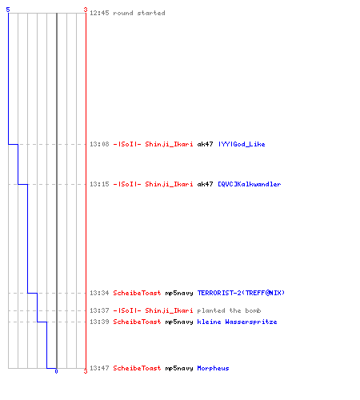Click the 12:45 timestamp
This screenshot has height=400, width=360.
tap(99, 13)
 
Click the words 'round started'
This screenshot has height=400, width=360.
tap(139, 13)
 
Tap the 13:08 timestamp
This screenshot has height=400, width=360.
tap(99, 144)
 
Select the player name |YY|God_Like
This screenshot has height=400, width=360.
tap(242, 144)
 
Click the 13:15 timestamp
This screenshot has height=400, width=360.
tap(99, 184)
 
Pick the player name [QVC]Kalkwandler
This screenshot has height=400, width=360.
tap(250, 184)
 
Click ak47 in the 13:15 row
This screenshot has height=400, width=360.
tap(205, 184)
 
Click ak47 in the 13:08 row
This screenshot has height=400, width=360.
tap(205, 144)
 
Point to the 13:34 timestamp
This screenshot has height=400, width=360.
tap(99, 293)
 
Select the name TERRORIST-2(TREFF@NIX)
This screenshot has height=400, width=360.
tap(241, 293)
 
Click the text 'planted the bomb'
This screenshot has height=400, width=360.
tap(229, 310)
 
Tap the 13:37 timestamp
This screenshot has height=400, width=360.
tap(99, 310)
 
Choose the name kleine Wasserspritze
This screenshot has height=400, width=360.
tap(237, 322)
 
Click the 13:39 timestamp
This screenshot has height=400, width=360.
tap(99, 322)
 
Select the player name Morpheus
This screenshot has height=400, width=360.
tap(213, 368)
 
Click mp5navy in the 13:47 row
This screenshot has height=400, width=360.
tap(179, 368)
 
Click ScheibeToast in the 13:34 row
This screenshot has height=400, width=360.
tap(137, 293)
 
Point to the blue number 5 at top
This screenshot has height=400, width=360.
tap(8, 10)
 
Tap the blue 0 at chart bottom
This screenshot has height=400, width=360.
tap(56, 371)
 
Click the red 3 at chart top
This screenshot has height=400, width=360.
tap(86, 10)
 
